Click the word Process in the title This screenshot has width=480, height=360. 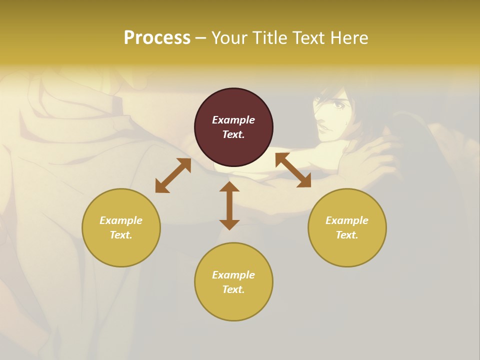(157, 38)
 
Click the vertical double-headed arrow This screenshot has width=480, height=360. (229, 205)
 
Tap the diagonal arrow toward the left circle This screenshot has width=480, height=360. (173, 175)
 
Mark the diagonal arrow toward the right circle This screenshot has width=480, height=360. (293, 170)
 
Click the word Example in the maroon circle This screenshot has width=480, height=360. (233, 120)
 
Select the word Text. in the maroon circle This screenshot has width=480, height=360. (233, 134)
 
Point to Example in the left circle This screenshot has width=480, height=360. (121, 220)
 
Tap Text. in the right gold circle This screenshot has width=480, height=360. (347, 235)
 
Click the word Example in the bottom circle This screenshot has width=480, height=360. (233, 275)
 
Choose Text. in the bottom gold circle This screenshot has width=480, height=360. (233, 289)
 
